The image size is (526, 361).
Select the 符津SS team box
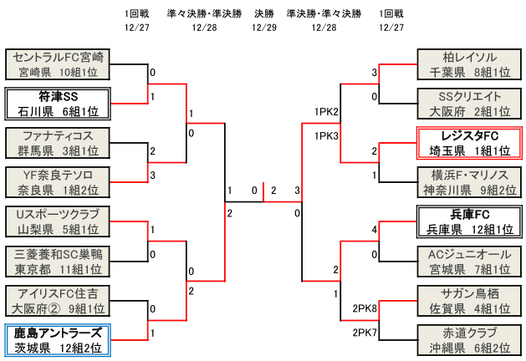(58, 104)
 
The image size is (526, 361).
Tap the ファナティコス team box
(58, 143)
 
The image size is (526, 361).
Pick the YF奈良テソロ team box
(58, 182)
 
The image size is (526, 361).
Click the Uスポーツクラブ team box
(58, 221)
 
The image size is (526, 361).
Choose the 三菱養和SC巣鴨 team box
(58, 261)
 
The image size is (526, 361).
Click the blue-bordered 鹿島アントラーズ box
(58, 340)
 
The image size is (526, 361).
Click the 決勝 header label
(263, 14)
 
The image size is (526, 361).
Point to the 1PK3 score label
(326, 135)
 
